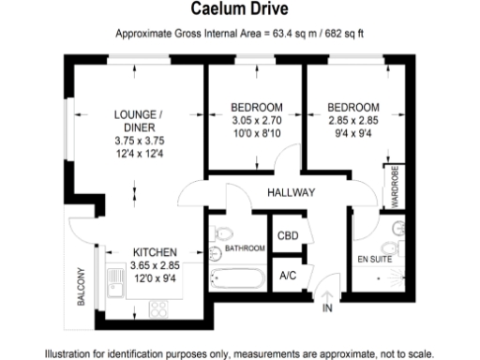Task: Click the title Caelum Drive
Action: pos(240,11)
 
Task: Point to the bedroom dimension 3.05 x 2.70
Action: pos(256,120)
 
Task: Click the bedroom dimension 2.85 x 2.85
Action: pos(353,120)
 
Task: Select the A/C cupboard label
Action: pos(288,276)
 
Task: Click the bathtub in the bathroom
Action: pos(238,278)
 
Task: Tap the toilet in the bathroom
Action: pos(223,232)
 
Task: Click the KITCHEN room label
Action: pos(155,252)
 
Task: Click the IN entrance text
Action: pos(327,307)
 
